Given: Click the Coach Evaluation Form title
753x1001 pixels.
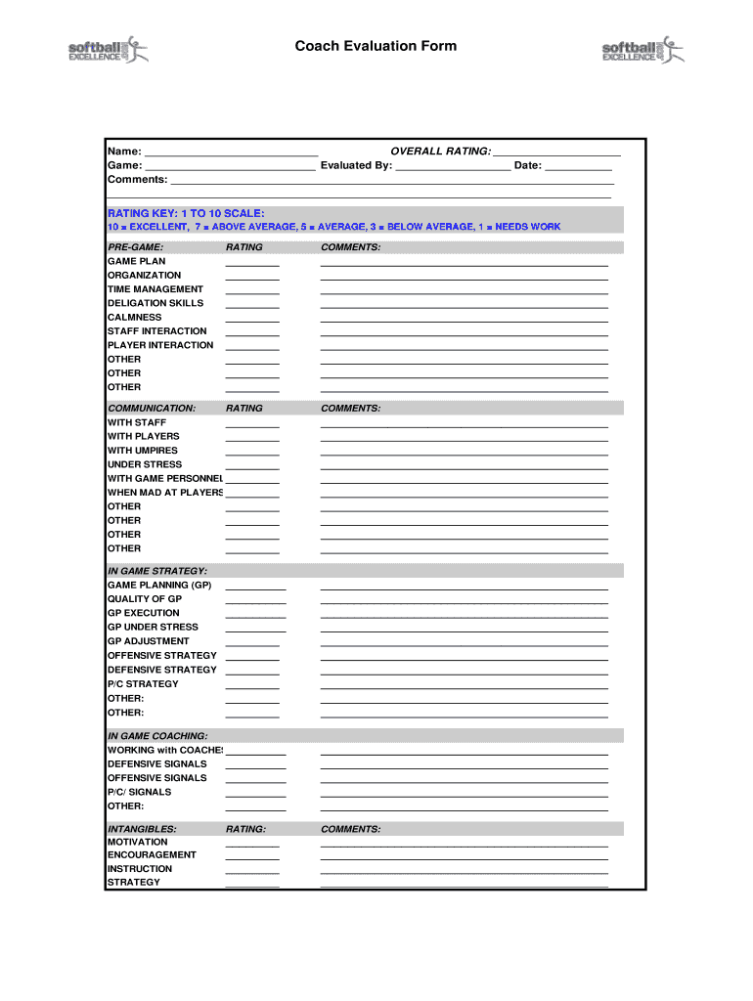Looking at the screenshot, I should click(376, 46).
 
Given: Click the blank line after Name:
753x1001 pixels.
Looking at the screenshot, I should click(231, 152).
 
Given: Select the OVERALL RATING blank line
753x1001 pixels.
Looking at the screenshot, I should click(556, 152).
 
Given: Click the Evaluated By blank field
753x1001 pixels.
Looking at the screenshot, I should click(453, 166).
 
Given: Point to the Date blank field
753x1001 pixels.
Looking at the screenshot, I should click(578, 166).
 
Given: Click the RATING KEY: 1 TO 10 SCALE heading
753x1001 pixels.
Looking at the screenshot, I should click(186, 212).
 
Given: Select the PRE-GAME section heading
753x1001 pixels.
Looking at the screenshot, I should click(135, 247).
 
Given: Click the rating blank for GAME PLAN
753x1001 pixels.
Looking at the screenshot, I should click(252, 262).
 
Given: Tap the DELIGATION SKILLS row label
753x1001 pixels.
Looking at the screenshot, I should click(155, 303).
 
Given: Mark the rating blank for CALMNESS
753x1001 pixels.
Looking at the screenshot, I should click(252, 318).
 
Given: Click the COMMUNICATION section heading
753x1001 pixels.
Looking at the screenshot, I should click(152, 408).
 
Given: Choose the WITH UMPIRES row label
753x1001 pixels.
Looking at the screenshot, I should click(143, 451).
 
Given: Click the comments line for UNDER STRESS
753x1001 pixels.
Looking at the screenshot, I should click(465, 465).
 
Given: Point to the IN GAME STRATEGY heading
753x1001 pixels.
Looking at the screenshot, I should click(156, 570).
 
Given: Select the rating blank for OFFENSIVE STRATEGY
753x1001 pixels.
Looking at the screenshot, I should click(252, 656).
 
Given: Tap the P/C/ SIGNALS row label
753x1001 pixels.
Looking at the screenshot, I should click(139, 792).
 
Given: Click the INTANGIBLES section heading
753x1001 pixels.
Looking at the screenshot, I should click(142, 828).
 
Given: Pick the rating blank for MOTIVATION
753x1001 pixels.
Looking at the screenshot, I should click(252, 843).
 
